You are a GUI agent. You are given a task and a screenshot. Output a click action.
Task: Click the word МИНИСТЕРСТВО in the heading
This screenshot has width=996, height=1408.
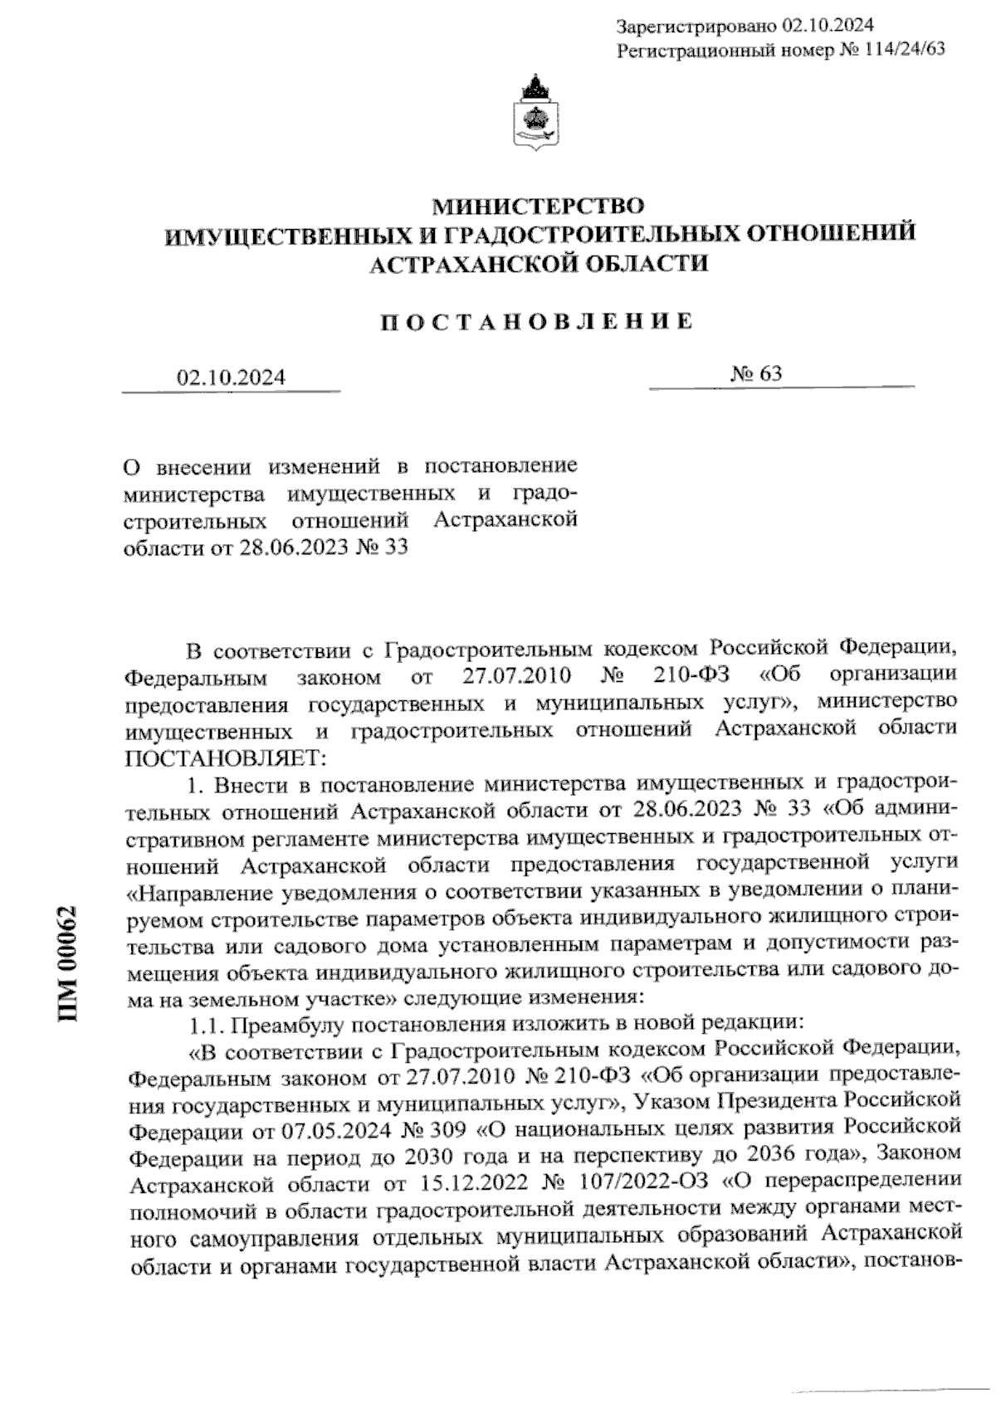[x=540, y=204]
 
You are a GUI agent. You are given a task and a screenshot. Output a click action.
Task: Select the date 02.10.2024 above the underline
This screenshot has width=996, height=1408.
[x=230, y=378]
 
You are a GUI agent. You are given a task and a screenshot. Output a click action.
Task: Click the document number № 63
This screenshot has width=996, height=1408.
[x=755, y=374]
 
